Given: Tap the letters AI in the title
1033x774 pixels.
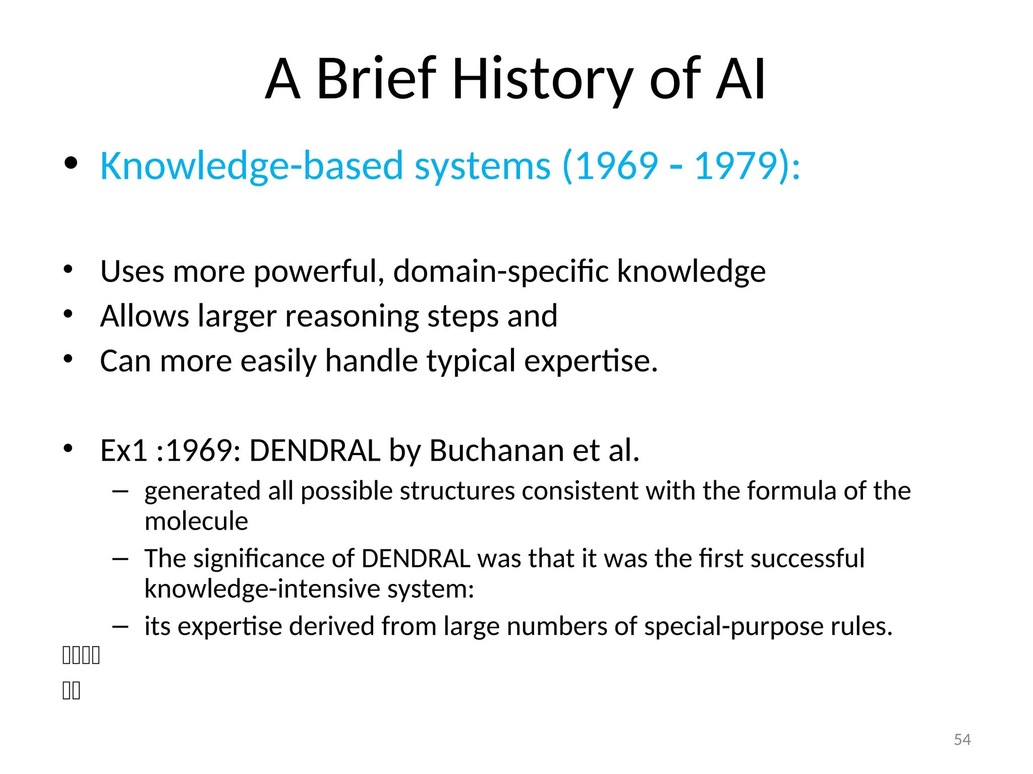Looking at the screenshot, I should (x=740, y=80).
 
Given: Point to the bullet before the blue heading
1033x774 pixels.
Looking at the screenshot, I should (x=71, y=162).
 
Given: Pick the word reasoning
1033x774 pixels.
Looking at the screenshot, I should (x=352, y=316).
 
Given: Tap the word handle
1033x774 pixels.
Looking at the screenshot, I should (x=371, y=361).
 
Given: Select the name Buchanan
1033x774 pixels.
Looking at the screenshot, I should (x=496, y=450).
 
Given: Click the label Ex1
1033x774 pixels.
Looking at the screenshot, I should (x=123, y=450).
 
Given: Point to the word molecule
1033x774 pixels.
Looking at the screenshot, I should (x=196, y=521).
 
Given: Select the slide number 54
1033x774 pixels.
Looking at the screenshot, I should (x=962, y=739).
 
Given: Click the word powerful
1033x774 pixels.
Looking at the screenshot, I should (x=315, y=272).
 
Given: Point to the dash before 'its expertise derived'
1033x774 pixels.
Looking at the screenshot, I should (x=121, y=626).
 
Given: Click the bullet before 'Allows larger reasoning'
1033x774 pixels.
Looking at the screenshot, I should (x=68, y=314).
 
